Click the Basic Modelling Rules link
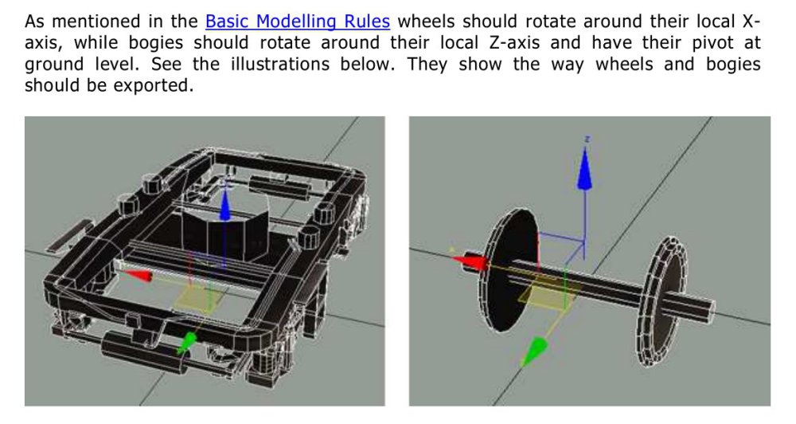click(298, 22)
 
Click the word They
click(427, 65)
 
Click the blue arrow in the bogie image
click(224, 202)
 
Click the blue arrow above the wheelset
click(586, 169)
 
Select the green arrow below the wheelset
click(535, 351)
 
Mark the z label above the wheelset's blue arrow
click(587, 139)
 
